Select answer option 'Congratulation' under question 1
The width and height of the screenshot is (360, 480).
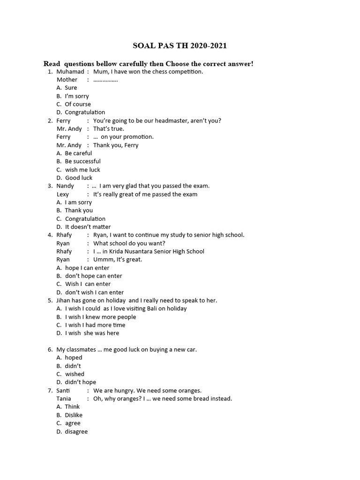point(85,112)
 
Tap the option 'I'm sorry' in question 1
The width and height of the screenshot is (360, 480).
point(76,96)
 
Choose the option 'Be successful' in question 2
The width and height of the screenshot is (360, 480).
point(82,161)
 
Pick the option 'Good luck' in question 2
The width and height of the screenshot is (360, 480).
point(79,178)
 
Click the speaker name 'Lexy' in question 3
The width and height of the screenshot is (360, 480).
point(63,194)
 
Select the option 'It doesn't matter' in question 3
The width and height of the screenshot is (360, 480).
point(88,227)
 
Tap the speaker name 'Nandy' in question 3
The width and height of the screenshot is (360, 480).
point(65,186)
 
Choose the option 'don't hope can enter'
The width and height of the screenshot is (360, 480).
point(93,276)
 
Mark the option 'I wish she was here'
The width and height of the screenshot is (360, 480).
point(92,333)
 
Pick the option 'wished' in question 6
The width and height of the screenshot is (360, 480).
point(75,374)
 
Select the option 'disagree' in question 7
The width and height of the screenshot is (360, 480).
point(76,432)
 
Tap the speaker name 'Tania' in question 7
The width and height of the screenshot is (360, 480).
point(64,399)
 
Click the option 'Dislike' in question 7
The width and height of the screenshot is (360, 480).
point(74,415)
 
